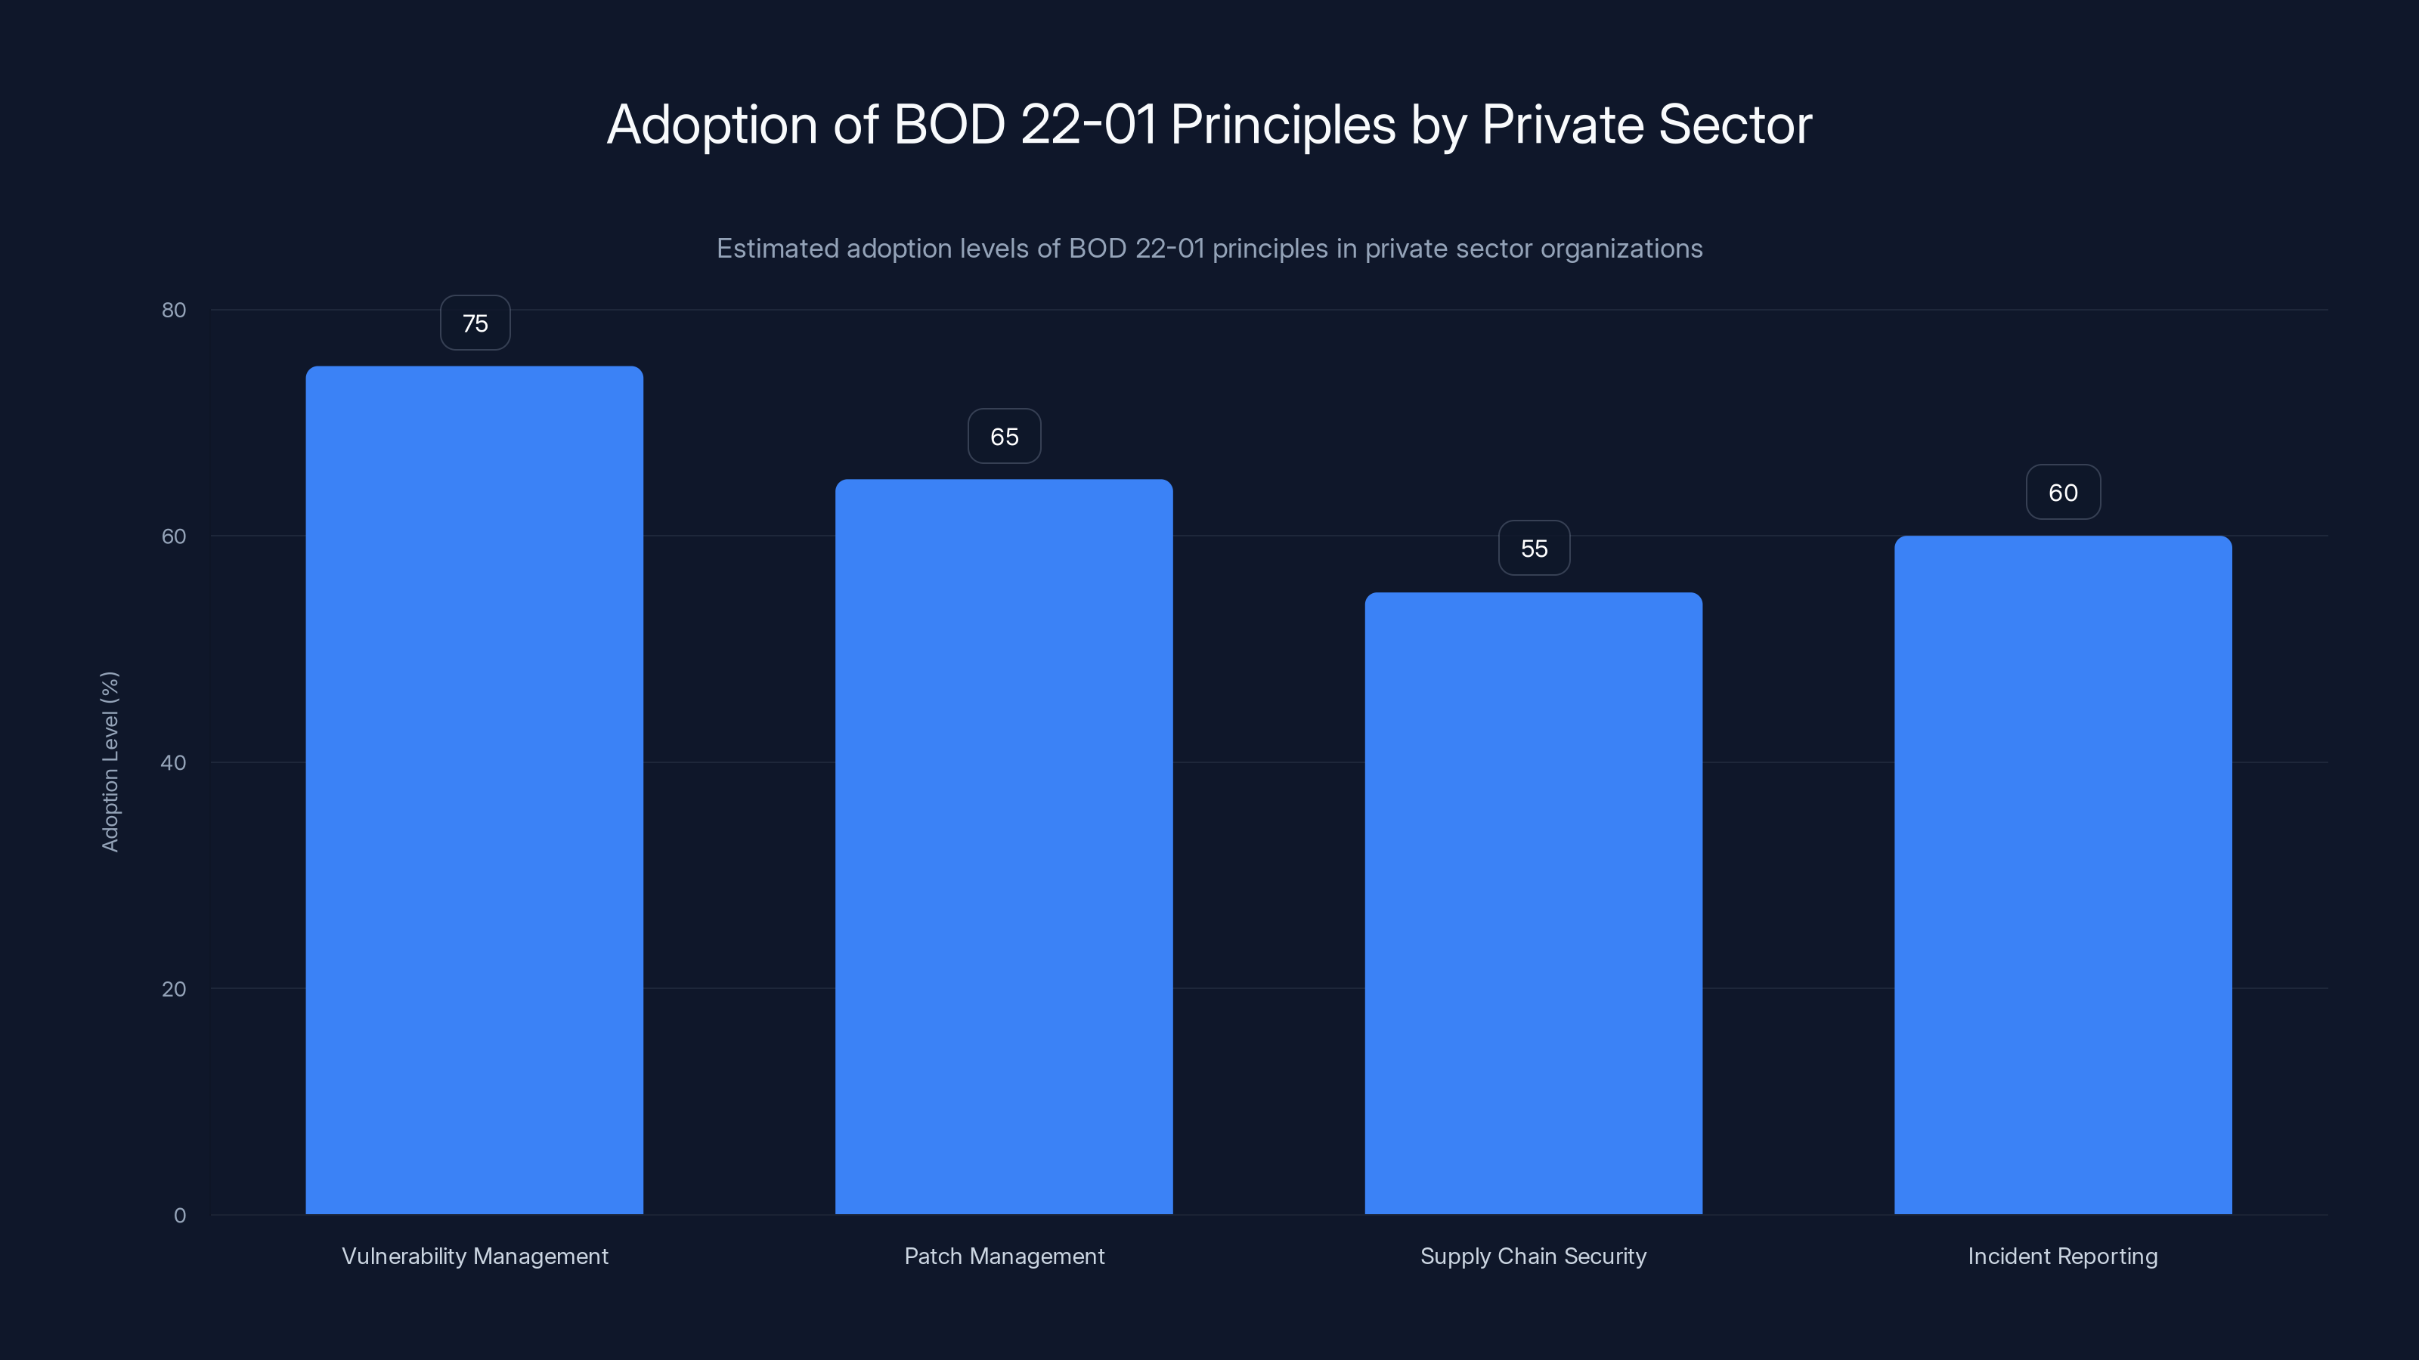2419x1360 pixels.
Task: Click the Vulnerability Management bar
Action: pyautogui.click(x=474, y=790)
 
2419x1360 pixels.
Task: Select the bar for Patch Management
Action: pyautogui.click(x=1004, y=845)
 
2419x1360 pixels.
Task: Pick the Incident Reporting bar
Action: pyautogui.click(x=2062, y=874)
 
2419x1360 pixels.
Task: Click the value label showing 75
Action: pyautogui.click(x=475, y=323)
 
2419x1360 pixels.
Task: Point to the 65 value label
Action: pyautogui.click(x=1004, y=437)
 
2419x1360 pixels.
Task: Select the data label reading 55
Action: pyautogui.click(x=1534, y=548)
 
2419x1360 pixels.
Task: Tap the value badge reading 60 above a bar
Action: pyautogui.click(x=2062, y=493)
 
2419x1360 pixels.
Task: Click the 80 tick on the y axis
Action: pyautogui.click(x=174, y=310)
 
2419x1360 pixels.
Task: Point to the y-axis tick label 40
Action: pyautogui.click(x=174, y=762)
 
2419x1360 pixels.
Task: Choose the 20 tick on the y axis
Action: pyautogui.click(x=174, y=988)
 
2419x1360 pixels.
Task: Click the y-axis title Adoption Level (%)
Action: pyautogui.click(x=110, y=761)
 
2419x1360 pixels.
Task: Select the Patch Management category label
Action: pyautogui.click(x=1004, y=1256)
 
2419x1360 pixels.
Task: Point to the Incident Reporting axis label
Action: pyautogui.click(x=2062, y=1256)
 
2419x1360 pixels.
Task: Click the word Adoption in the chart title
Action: pyautogui.click(x=712, y=125)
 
